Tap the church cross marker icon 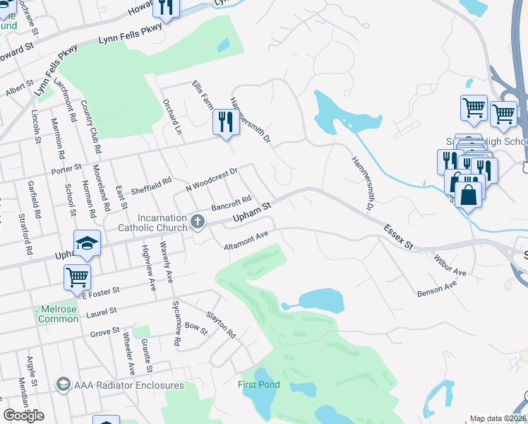tap(198, 223)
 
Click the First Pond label tap(258, 384)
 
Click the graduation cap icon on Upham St tap(88, 243)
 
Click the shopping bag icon tap(469, 193)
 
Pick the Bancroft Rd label tap(232, 204)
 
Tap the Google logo tap(24, 416)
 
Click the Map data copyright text tap(498, 418)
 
